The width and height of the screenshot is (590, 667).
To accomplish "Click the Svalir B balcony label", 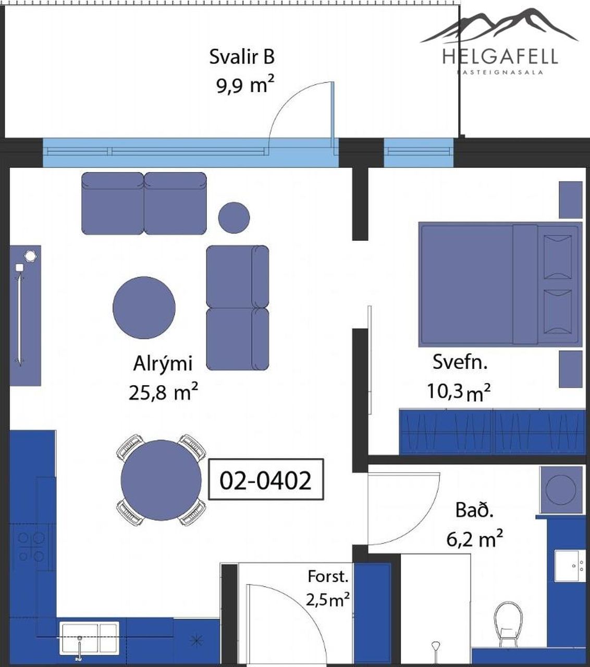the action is click(x=242, y=57).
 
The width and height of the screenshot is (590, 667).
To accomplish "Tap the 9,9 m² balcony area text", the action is click(x=245, y=85).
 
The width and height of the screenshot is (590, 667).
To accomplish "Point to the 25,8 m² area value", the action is click(x=163, y=392).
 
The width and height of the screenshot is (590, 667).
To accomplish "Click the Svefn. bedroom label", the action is click(x=460, y=362).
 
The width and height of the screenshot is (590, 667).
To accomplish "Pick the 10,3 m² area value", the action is click(x=459, y=391).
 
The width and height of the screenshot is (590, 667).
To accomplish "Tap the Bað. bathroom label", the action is click(x=474, y=510).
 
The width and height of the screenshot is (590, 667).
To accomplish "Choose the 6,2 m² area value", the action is click(x=474, y=539).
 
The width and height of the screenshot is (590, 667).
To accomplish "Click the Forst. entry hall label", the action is click(x=328, y=576).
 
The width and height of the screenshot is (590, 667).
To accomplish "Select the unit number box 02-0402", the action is click(x=266, y=480).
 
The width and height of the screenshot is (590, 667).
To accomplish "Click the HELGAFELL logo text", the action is click(x=500, y=56).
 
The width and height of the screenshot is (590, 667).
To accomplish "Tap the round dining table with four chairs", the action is click(x=161, y=480).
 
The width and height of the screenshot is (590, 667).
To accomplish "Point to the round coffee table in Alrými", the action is click(x=144, y=307).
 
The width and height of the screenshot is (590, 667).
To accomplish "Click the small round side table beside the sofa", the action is click(x=234, y=218).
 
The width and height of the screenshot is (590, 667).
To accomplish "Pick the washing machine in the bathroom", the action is click(x=560, y=489).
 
